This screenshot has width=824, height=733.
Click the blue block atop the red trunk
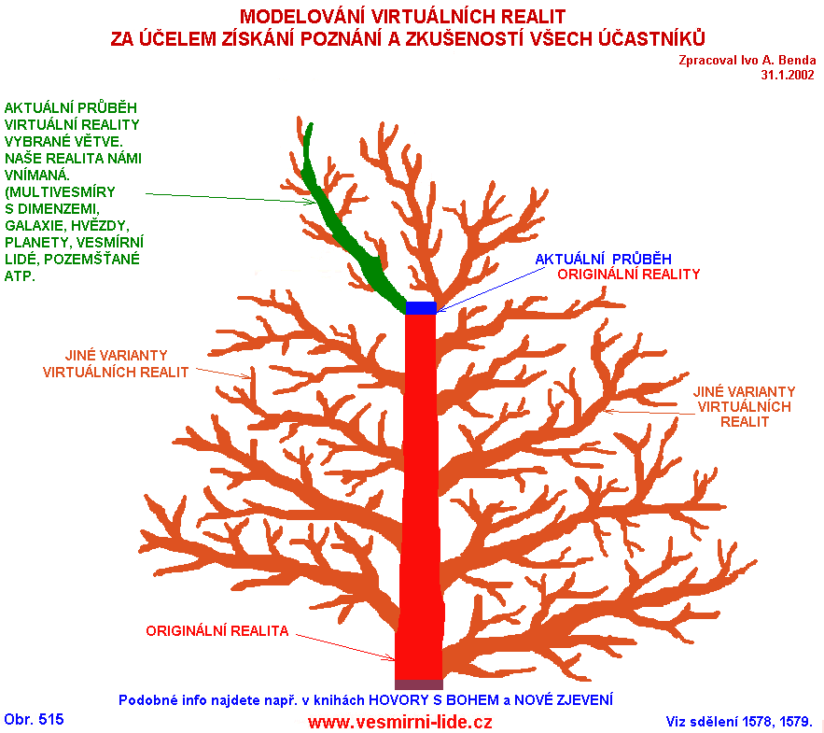(x=421, y=308)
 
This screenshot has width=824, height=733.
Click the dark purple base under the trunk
(x=419, y=684)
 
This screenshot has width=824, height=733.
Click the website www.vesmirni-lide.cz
(x=399, y=722)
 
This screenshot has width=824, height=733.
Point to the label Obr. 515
(x=35, y=719)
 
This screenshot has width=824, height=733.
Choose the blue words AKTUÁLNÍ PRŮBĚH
(x=603, y=259)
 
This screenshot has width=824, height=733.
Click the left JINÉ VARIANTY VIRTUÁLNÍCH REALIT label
(x=116, y=363)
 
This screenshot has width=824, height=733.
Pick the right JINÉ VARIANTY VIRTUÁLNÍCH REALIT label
(x=745, y=406)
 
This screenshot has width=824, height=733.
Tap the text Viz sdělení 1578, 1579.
(x=739, y=721)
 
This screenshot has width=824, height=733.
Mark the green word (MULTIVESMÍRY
(x=62, y=191)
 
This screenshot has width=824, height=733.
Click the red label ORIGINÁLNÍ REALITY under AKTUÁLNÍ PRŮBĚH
(x=628, y=275)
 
